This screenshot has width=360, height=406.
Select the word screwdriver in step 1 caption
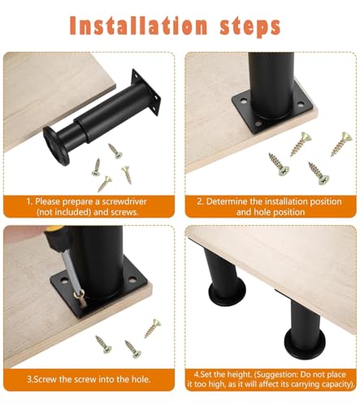pyautogui.click(x=131, y=201)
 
